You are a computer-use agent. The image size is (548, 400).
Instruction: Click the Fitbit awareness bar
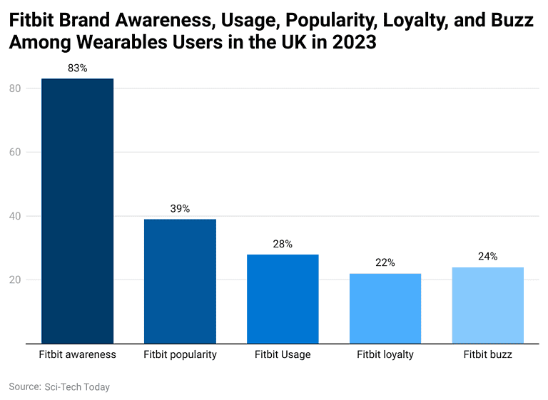click(x=77, y=211)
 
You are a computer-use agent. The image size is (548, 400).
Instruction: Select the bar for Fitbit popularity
click(x=180, y=281)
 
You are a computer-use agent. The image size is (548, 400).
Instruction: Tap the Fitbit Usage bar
click(x=283, y=299)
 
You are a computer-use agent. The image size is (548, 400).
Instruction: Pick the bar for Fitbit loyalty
click(x=385, y=308)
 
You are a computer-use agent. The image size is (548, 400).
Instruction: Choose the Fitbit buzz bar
click(x=488, y=305)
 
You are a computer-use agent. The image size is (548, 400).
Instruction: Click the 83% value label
click(x=77, y=68)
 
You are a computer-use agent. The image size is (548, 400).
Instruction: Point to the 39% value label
click(x=180, y=209)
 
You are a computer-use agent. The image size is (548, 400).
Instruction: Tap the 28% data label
click(x=283, y=244)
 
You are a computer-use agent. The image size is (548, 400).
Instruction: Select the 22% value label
click(x=385, y=263)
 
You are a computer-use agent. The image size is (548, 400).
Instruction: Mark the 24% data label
click(x=488, y=257)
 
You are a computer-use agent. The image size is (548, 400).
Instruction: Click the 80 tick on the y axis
click(x=14, y=88)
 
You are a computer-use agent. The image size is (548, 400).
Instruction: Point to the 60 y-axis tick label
click(x=14, y=152)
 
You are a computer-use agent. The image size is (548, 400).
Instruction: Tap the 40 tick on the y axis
click(x=14, y=216)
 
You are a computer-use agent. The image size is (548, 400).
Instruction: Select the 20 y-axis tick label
click(x=14, y=280)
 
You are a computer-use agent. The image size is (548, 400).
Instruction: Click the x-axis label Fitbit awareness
click(x=77, y=354)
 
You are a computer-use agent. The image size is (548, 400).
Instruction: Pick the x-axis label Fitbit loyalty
click(x=385, y=354)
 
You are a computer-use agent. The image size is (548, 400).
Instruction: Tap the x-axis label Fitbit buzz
click(x=488, y=354)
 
